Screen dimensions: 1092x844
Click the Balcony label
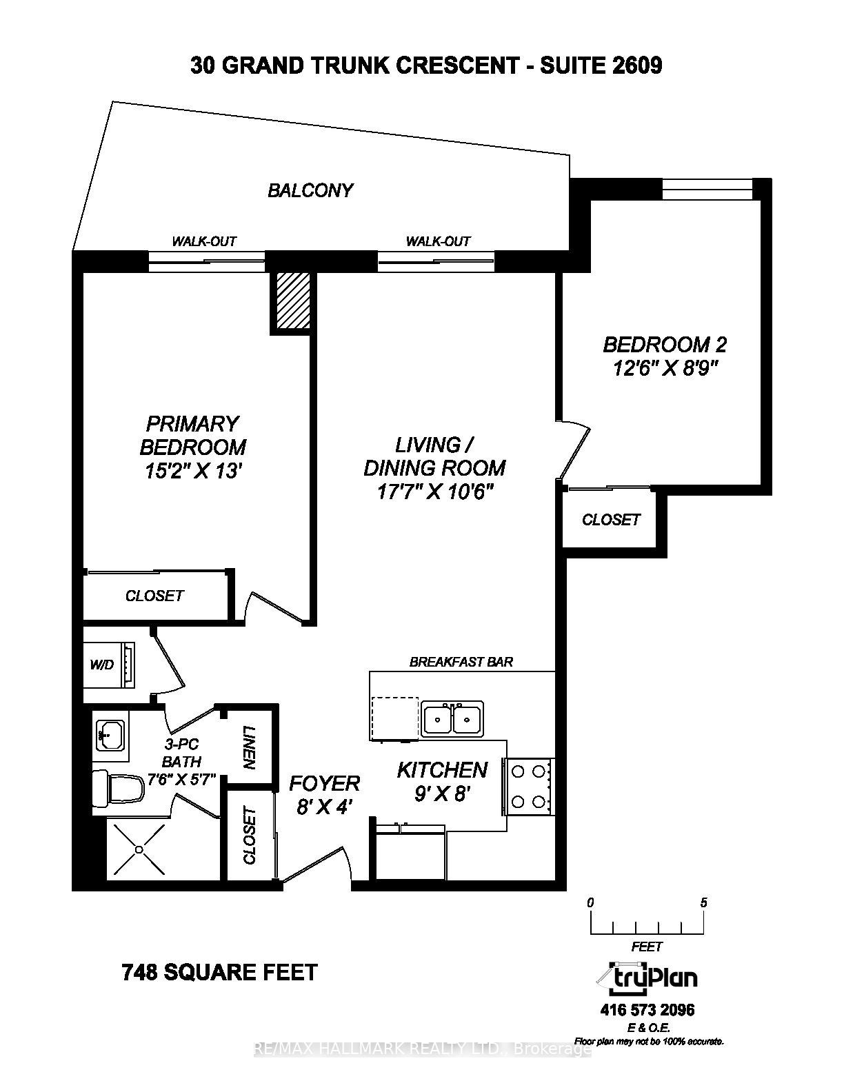[310, 190]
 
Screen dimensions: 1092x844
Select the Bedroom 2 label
[665, 344]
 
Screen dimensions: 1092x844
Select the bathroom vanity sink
[109, 736]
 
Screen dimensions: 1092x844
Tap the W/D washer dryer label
[101, 665]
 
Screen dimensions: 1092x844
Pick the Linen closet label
[250, 747]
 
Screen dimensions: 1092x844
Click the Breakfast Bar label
[461, 662]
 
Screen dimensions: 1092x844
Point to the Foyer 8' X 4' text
[324, 794]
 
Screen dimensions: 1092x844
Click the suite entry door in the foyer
[314, 864]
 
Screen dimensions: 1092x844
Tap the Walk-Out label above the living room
[438, 241]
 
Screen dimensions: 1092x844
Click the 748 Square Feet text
[219, 972]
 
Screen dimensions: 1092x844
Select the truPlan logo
[646, 977]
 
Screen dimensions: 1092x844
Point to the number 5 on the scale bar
[703, 902]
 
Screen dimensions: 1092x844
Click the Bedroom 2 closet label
[611, 520]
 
